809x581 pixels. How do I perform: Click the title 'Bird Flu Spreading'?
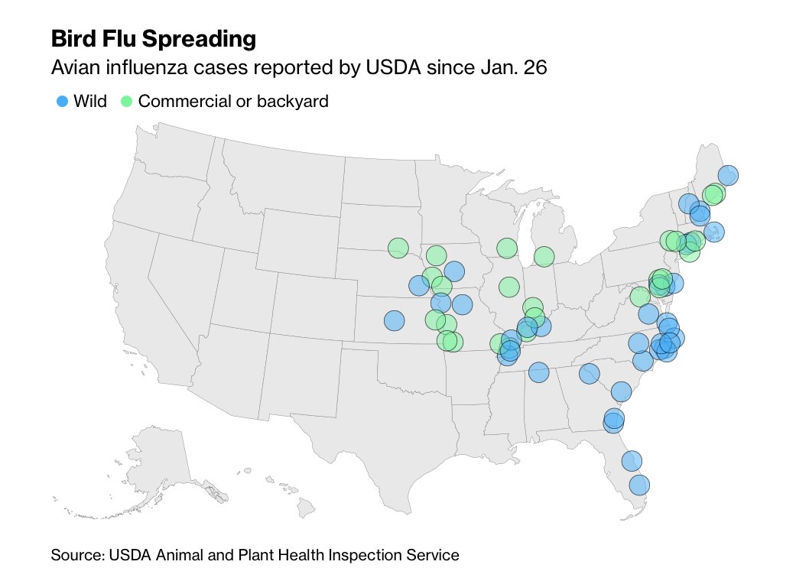tap(153, 38)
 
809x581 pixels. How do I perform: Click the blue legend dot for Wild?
tap(63, 101)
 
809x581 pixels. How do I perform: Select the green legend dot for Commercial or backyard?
tap(128, 101)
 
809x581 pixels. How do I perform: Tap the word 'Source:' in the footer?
tap(75, 555)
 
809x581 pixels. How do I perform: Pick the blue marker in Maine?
tap(728, 175)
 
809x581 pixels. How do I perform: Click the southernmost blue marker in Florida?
tap(639, 485)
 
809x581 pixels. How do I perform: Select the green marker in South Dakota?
tap(398, 248)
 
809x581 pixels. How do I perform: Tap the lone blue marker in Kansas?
tap(394, 320)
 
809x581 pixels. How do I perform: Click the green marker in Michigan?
tap(544, 256)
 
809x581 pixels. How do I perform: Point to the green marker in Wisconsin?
tap(507, 248)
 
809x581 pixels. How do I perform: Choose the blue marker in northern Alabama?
tap(538, 372)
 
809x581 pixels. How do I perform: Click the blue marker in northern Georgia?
tap(589, 373)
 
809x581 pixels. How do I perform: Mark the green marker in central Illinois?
tap(509, 287)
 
